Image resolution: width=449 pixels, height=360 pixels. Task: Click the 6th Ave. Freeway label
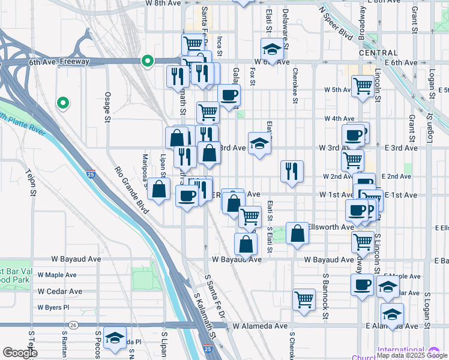click(59, 62)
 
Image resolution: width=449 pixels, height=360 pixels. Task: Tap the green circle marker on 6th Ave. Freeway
click(147, 61)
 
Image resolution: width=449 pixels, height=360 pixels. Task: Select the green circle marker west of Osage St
click(62, 103)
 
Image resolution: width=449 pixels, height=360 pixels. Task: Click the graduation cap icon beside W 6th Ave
click(272, 50)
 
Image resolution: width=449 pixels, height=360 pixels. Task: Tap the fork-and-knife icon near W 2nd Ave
click(292, 171)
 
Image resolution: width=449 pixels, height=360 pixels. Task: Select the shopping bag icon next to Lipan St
click(158, 190)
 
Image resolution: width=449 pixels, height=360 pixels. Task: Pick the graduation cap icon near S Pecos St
click(115, 338)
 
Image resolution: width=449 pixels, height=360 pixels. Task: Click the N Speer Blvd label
click(337, 25)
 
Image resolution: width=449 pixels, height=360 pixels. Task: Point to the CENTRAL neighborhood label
click(378, 53)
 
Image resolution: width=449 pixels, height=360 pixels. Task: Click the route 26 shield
click(73, 325)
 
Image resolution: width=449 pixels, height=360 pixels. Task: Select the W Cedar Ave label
click(60, 292)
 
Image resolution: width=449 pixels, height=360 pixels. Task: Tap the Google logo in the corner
click(19, 353)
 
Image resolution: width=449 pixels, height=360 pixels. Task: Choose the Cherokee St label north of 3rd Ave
click(295, 90)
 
